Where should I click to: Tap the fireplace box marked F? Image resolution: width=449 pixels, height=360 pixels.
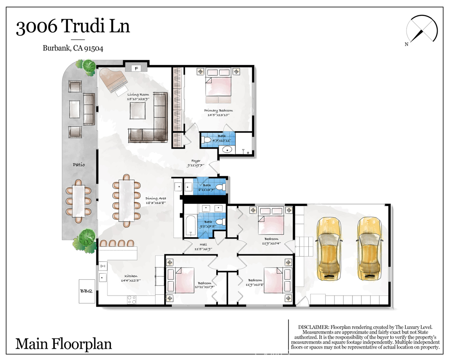coord(136,68)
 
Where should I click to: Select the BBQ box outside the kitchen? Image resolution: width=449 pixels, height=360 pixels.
coord(86,291)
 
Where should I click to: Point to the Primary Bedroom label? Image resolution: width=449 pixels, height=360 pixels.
coord(218,110)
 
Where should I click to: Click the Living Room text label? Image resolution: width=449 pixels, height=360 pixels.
coord(138,94)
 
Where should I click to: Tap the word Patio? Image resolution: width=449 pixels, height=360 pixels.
coord(78,165)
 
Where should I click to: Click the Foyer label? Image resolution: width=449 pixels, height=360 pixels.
coord(196,161)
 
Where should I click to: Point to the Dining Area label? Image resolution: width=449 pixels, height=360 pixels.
coord(155,198)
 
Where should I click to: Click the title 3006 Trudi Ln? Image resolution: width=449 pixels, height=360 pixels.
coord(73,27)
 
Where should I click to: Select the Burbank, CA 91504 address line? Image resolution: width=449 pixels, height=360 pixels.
coord(73,49)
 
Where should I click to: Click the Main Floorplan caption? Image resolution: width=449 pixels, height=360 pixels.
coord(64,343)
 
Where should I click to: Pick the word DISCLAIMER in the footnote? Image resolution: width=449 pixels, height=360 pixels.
coord(314,327)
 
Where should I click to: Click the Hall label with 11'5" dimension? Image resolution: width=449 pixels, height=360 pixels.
coord(203,245)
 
